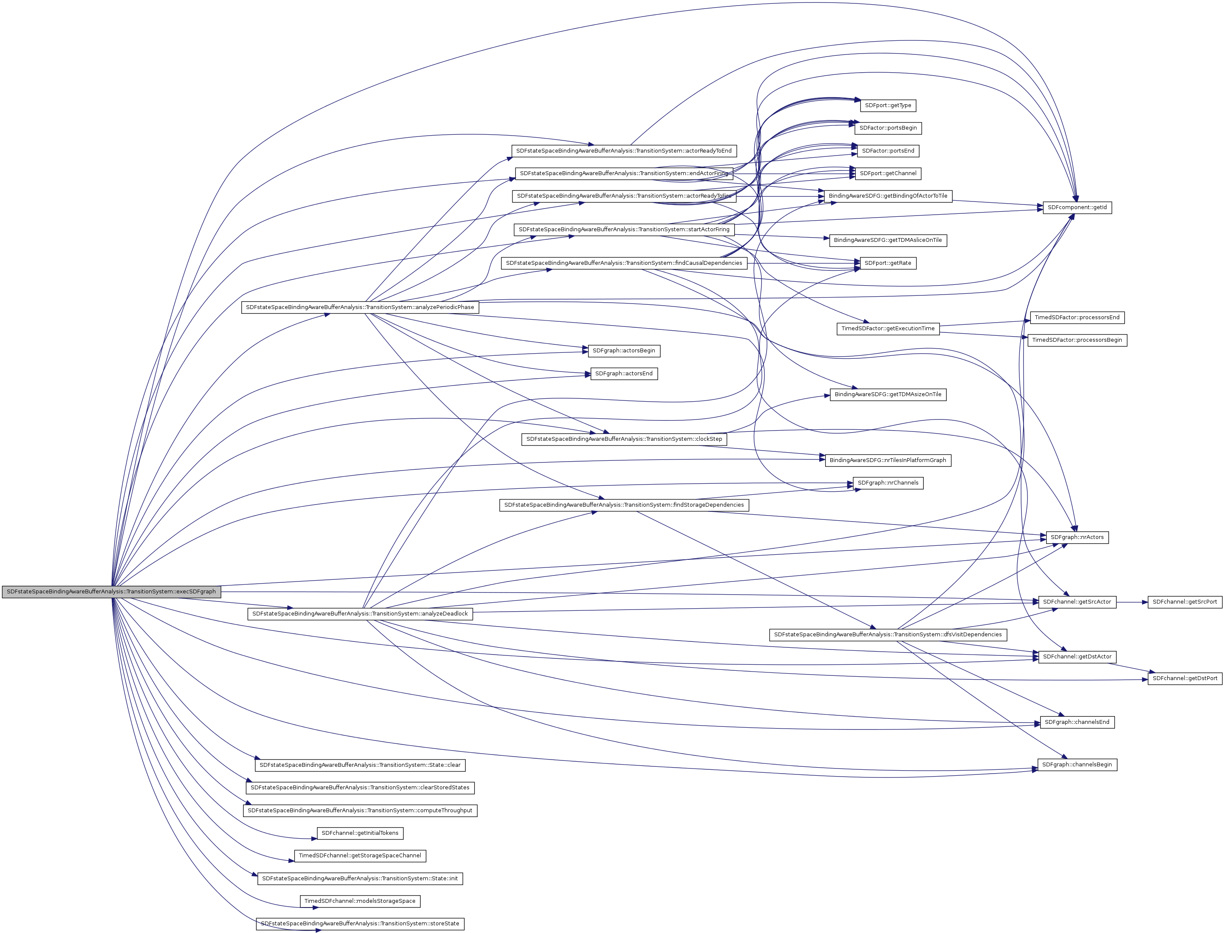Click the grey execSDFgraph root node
click(x=111, y=591)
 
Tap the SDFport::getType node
click(x=888, y=105)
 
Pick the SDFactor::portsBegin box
click(x=888, y=128)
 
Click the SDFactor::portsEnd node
click(x=888, y=151)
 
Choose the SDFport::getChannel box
click(x=888, y=174)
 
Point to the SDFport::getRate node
click(x=888, y=263)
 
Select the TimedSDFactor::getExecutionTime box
click(x=888, y=329)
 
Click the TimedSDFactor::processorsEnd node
click(x=1077, y=318)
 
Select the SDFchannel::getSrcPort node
click(x=1185, y=602)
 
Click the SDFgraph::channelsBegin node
click(x=1077, y=765)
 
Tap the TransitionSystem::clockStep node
click(x=623, y=439)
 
